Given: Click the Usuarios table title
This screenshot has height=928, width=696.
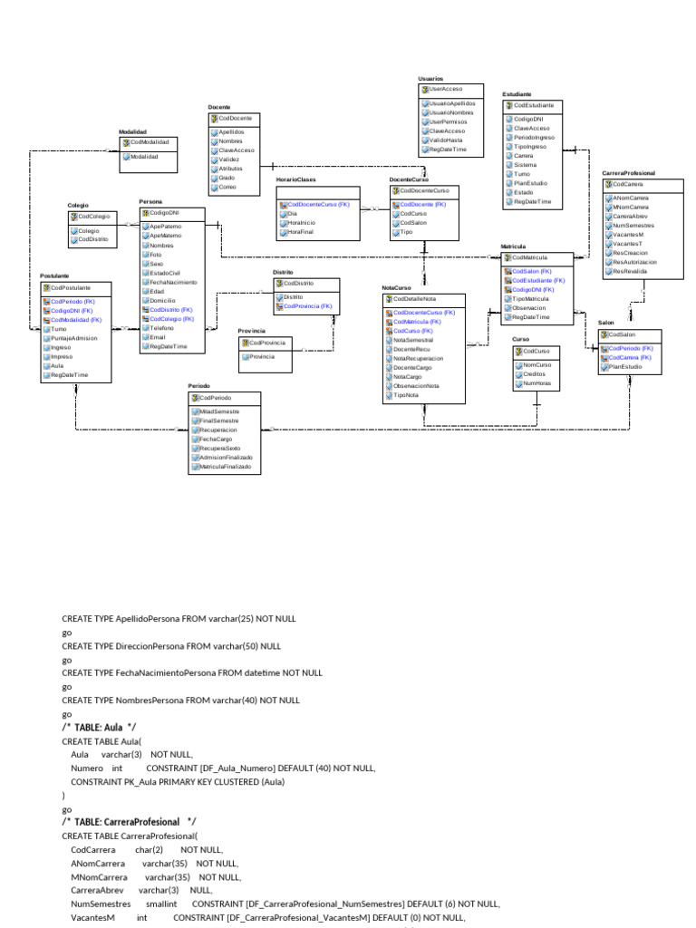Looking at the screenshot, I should click(x=430, y=80).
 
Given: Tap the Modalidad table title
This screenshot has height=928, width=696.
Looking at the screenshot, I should click(x=132, y=131).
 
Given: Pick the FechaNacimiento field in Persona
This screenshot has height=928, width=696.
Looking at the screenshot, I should click(x=172, y=282).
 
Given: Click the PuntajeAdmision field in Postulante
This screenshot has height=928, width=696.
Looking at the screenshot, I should click(x=73, y=338).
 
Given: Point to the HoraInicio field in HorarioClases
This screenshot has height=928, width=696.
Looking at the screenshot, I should click(x=301, y=222).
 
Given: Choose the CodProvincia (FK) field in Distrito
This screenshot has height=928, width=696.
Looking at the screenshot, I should click(x=308, y=306).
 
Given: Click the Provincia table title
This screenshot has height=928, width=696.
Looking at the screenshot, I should click(x=251, y=331).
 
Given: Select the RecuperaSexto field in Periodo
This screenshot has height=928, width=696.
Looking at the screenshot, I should click(x=220, y=448).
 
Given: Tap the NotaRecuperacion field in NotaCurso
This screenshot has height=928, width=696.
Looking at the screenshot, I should click(x=418, y=358).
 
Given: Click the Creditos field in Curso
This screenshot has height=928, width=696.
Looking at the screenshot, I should click(x=535, y=373).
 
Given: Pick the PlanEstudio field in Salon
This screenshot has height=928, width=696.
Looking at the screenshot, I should click(x=625, y=367).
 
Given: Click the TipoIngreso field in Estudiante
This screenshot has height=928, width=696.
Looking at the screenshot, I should click(x=531, y=146).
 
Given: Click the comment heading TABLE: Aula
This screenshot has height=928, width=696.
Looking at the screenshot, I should click(x=99, y=727).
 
